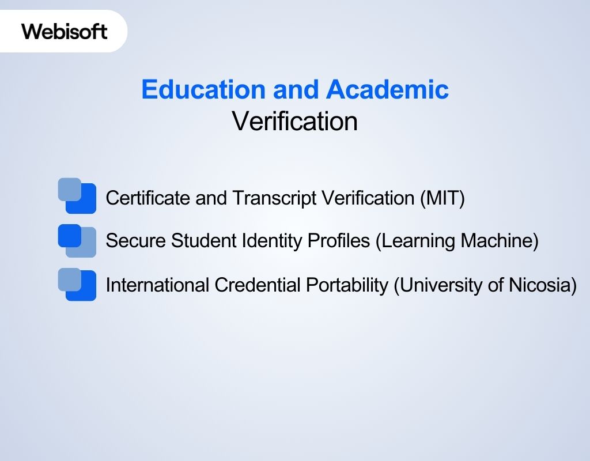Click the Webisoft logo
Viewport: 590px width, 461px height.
tap(65, 31)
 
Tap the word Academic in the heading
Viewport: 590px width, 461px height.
tap(387, 90)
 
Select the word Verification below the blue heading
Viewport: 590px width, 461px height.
tap(294, 122)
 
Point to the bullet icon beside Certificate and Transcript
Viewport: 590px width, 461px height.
tap(77, 195)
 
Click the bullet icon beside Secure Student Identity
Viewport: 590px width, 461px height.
tap(77, 240)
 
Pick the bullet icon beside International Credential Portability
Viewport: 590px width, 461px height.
tap(77, 284)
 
